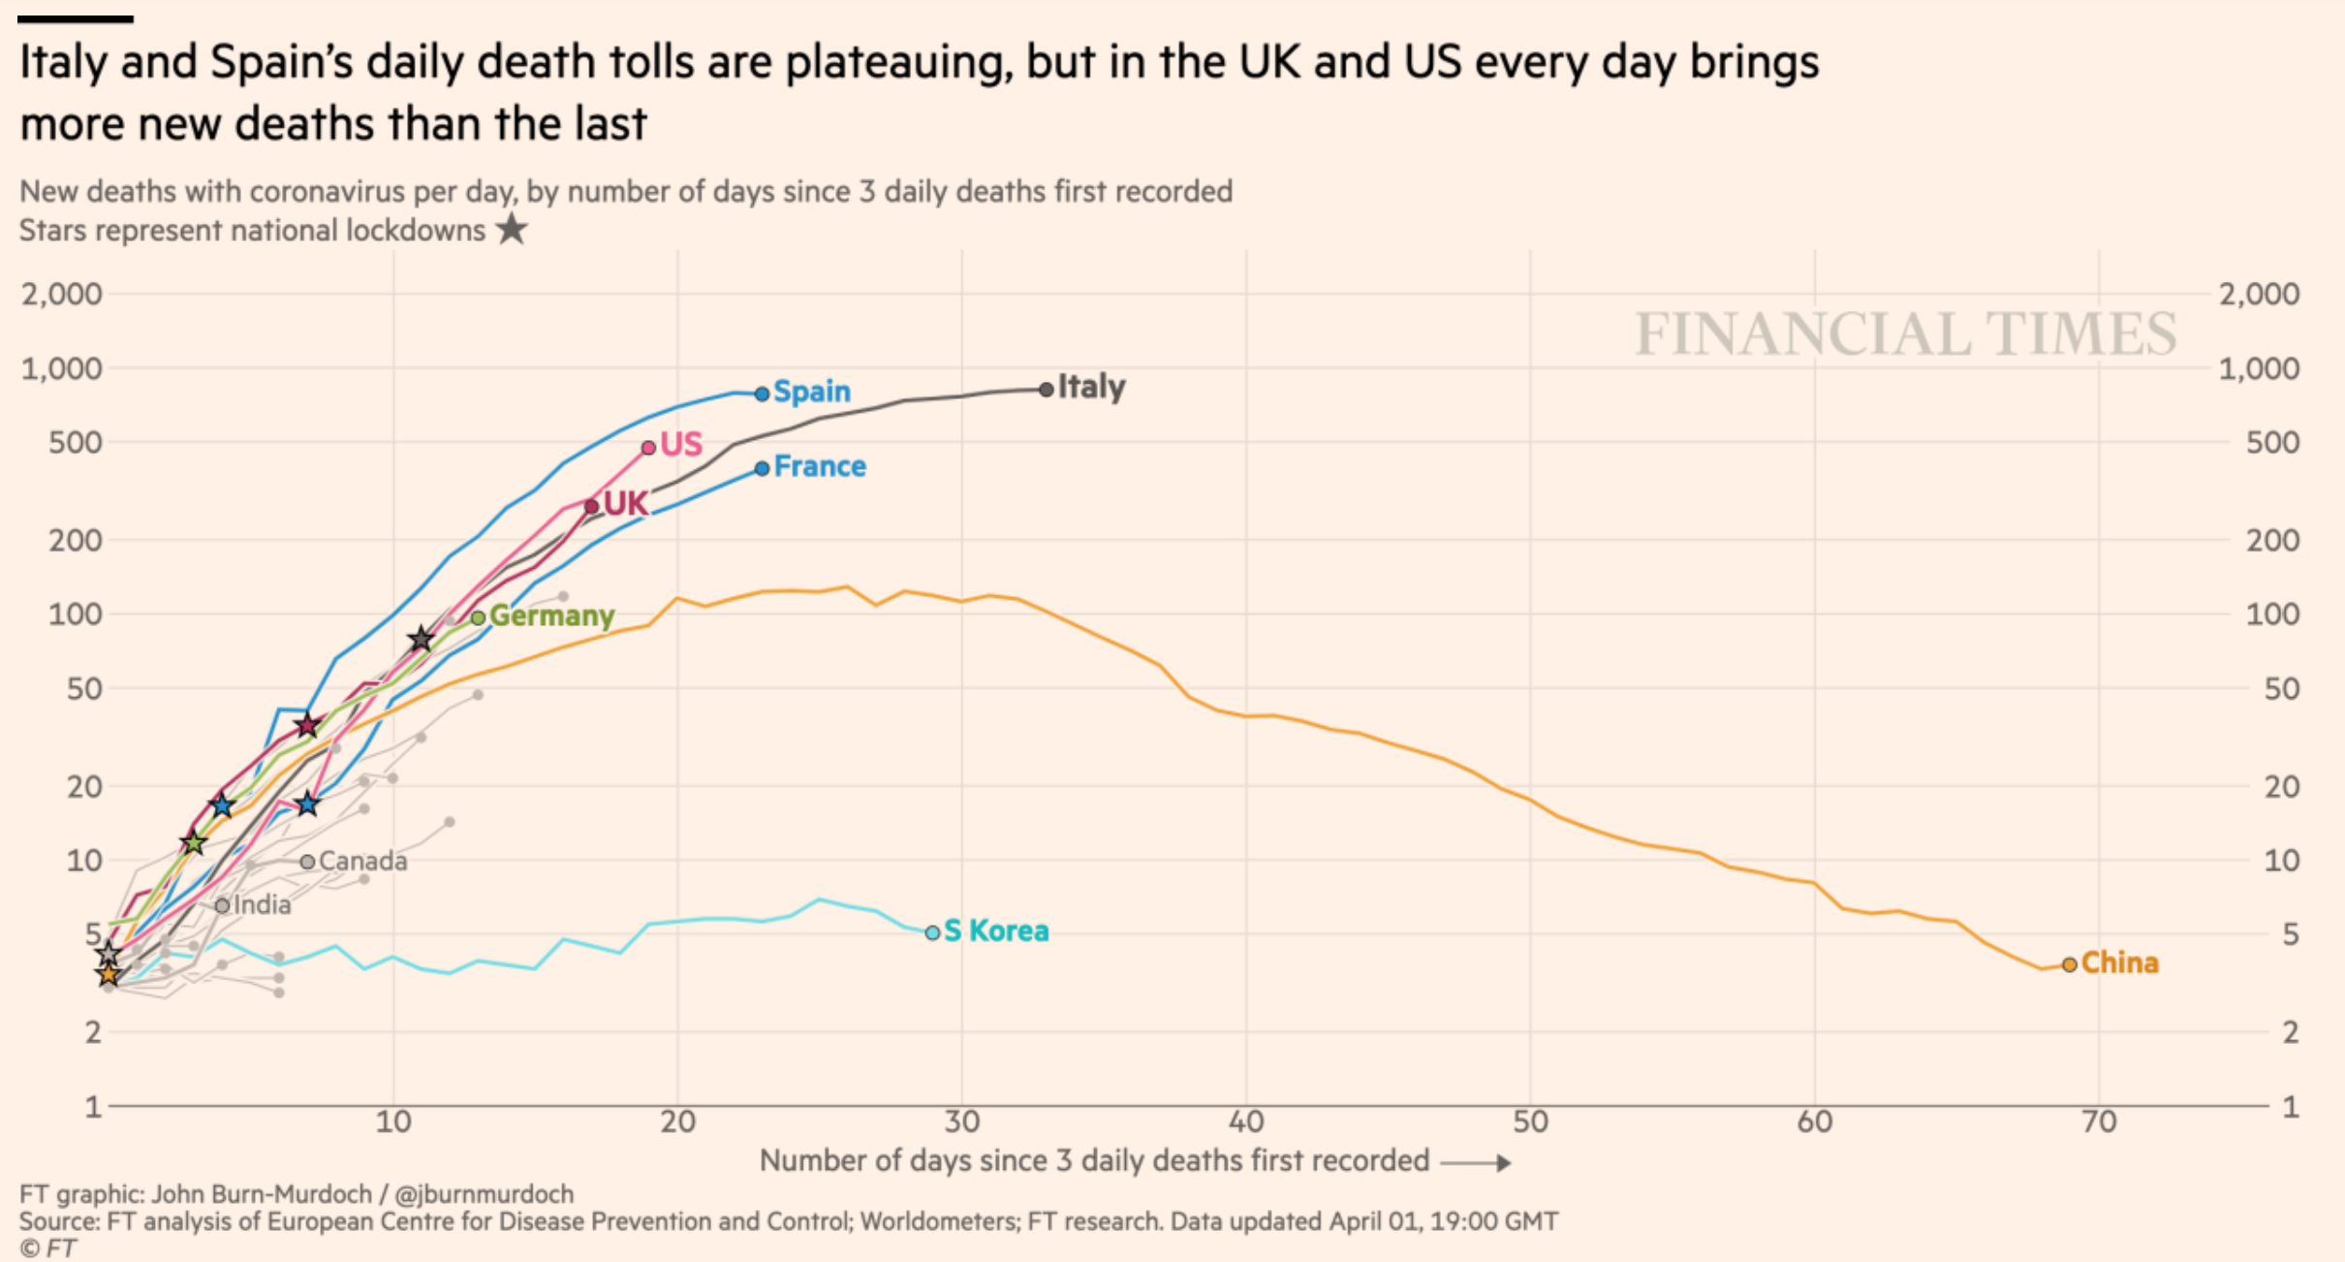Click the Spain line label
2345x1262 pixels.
(x=811, y=392)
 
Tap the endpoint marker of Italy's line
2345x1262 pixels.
(x=1046, y=390)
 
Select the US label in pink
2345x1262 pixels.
(x=680, y=445)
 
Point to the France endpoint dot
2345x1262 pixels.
(x=762, y=468)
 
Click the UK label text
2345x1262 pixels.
(x=625, y=504)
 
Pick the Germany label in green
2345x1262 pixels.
(x=551, y=616)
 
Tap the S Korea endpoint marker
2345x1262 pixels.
(x=932, y=932)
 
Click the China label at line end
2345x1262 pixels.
(x=2119, y=963)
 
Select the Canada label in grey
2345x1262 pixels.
(x=362, y=862)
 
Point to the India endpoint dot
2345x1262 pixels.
(x=223, y=905)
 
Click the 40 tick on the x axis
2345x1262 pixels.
(x=1246, y=1122)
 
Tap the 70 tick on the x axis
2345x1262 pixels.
(x=2099, y=1122)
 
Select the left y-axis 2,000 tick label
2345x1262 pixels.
(x=62, y=294)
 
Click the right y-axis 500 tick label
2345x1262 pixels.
(x=2272, y=443)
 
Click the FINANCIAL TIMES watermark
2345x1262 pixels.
(x=1905, y=334)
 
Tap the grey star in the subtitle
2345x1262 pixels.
(x=512, y=230)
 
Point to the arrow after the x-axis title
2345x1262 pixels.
(x=1476, y=1162)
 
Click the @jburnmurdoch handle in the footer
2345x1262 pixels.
(x=485, y=1194)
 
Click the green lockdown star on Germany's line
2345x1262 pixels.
(x=194, y=842)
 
